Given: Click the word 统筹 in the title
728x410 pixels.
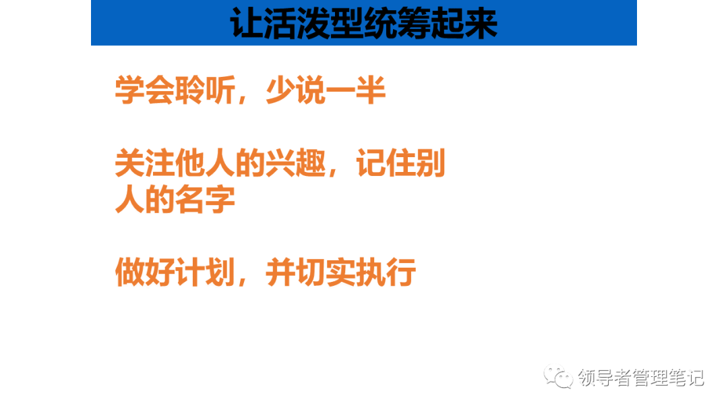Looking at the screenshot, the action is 397,23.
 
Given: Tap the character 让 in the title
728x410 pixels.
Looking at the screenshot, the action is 247,23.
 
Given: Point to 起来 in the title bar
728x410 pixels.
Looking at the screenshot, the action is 464,23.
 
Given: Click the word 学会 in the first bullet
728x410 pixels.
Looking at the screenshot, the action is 145,90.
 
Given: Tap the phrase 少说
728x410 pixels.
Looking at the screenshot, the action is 295,90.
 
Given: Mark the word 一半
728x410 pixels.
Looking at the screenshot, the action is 356,90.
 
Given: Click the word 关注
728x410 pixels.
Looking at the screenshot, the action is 145,163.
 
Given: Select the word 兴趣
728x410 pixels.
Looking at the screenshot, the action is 295,163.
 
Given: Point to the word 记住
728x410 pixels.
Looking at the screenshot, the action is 386,163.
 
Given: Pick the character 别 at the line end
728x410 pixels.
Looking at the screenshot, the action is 430,163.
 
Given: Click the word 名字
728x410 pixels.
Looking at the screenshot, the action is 205,199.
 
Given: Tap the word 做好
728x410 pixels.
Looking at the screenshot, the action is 145,272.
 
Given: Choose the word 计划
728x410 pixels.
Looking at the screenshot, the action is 205,272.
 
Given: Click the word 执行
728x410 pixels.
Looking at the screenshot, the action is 386,272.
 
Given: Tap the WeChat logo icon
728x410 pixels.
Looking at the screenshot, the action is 559,376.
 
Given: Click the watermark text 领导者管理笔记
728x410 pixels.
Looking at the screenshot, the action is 641,378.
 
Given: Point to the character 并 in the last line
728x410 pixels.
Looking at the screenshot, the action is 280,272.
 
